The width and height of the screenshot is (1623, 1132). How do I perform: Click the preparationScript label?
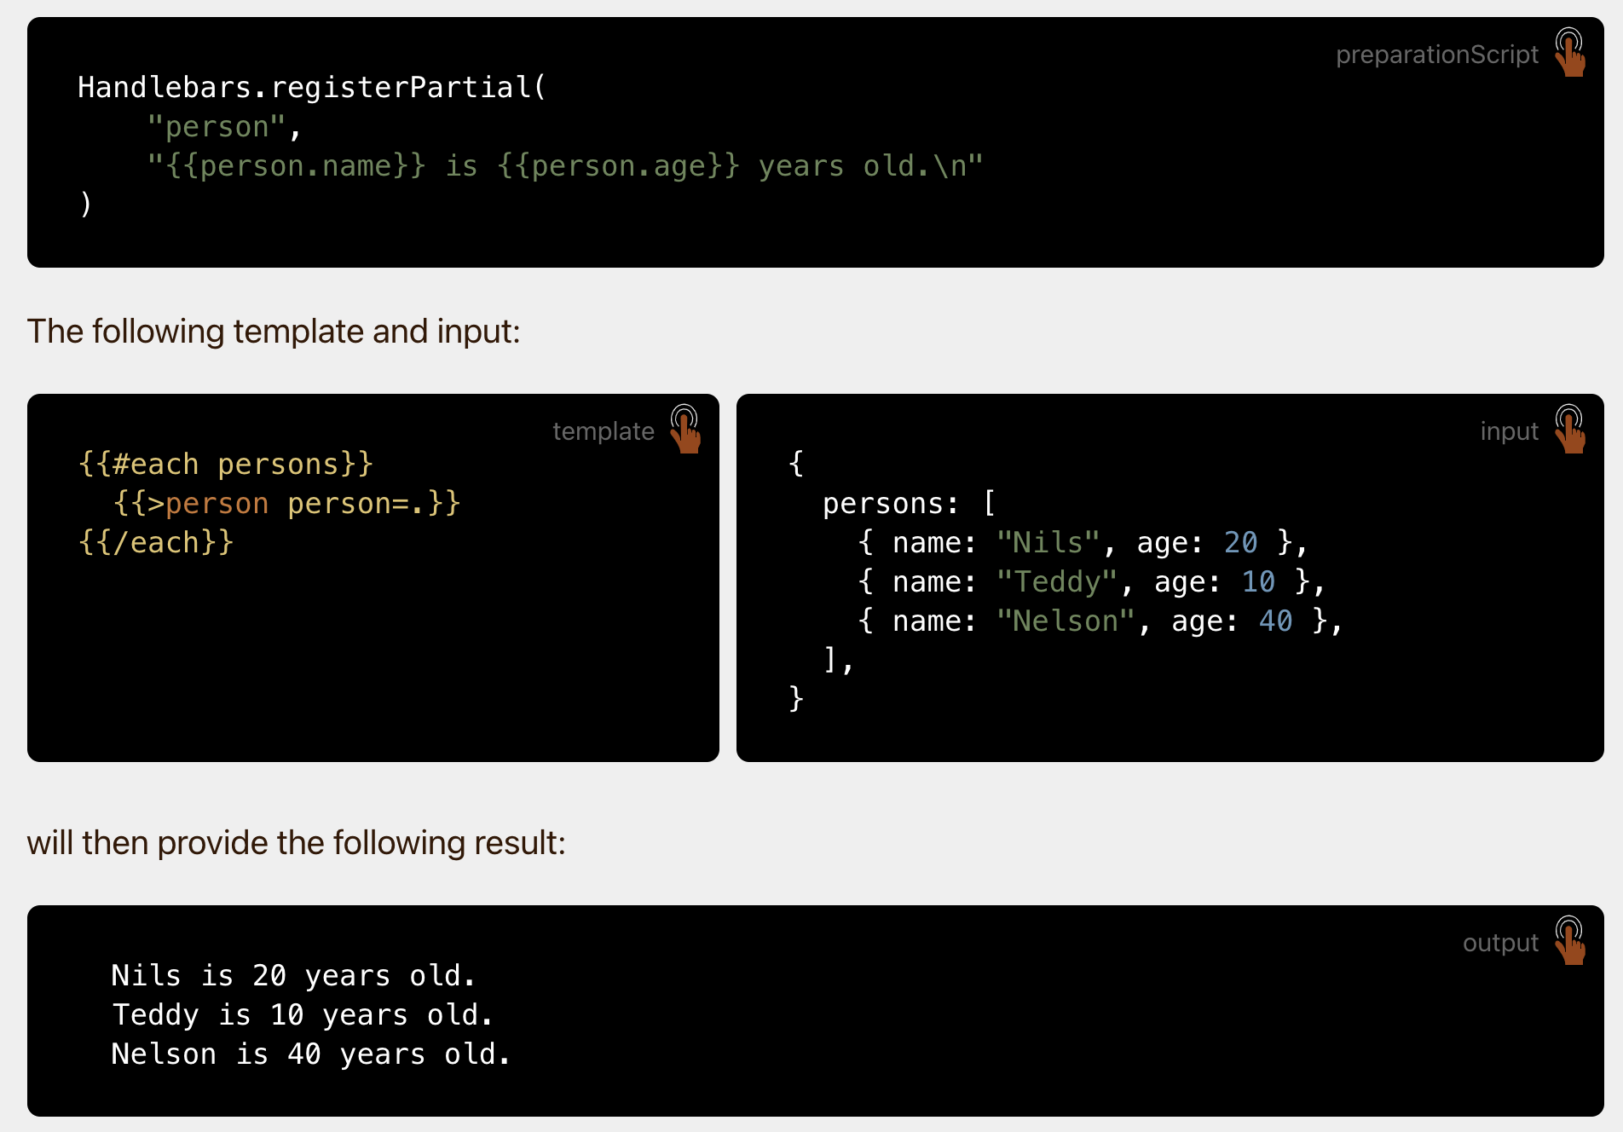(1436, 55)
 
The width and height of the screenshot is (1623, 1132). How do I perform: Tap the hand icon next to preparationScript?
(1569, 53)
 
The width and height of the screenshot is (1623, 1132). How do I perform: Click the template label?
(603, 431)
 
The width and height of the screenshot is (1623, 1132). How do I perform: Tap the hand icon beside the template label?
(684, 430)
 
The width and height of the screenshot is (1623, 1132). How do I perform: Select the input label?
(1509, 431)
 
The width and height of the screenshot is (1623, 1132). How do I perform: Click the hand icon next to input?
(1569, 430)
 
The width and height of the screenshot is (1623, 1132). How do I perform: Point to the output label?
(1500, 943)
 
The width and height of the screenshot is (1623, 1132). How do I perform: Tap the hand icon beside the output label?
(1569, 941)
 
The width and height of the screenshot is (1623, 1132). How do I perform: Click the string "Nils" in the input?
(1048, 543)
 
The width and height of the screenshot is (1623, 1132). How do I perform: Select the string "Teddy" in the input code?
(1056, 582)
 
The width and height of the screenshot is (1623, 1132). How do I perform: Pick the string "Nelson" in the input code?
(1065, 621)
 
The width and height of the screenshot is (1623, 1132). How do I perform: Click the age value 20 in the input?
(1240, 543)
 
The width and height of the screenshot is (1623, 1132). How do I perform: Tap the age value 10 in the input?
(1258, 582)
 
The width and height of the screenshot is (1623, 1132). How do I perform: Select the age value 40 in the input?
(1275, 621)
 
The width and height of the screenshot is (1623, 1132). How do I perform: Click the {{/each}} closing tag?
(156, 543)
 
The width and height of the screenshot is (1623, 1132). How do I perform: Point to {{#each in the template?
(138, 465)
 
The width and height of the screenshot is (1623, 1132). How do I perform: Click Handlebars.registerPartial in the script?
(304, 88)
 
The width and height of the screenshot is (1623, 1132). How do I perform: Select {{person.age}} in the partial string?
(618, 166)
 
